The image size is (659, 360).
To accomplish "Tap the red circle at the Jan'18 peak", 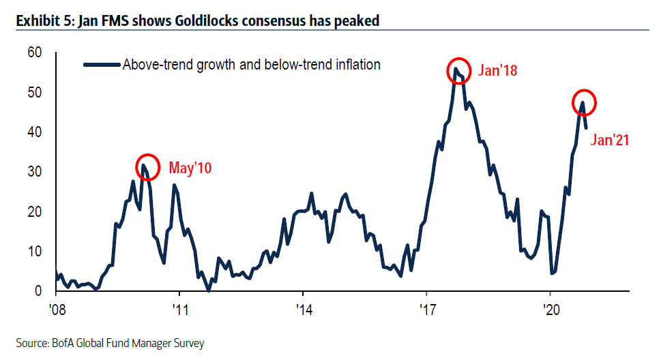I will pyautogui.click(x=458, y=70).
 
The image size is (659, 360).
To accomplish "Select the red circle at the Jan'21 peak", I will pyautogui.click(x=583, y=103).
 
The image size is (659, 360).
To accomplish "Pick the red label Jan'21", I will pyautogui.click(x=609, y=140).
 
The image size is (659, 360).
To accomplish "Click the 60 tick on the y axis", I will pyautogui.click(x=34, y=52).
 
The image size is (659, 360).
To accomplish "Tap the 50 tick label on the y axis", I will pyautogui.click(x=34, y=92).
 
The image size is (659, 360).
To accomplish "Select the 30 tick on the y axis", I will pyautogui.click(x=34, y=172).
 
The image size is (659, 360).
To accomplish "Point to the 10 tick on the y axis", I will pyautogui.click(x=34, y=252).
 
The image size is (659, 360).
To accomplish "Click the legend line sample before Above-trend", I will pyautogui.click(x=101, y=65).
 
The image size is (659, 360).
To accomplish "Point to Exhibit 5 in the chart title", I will pyautogui.click(x=45, y=21).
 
